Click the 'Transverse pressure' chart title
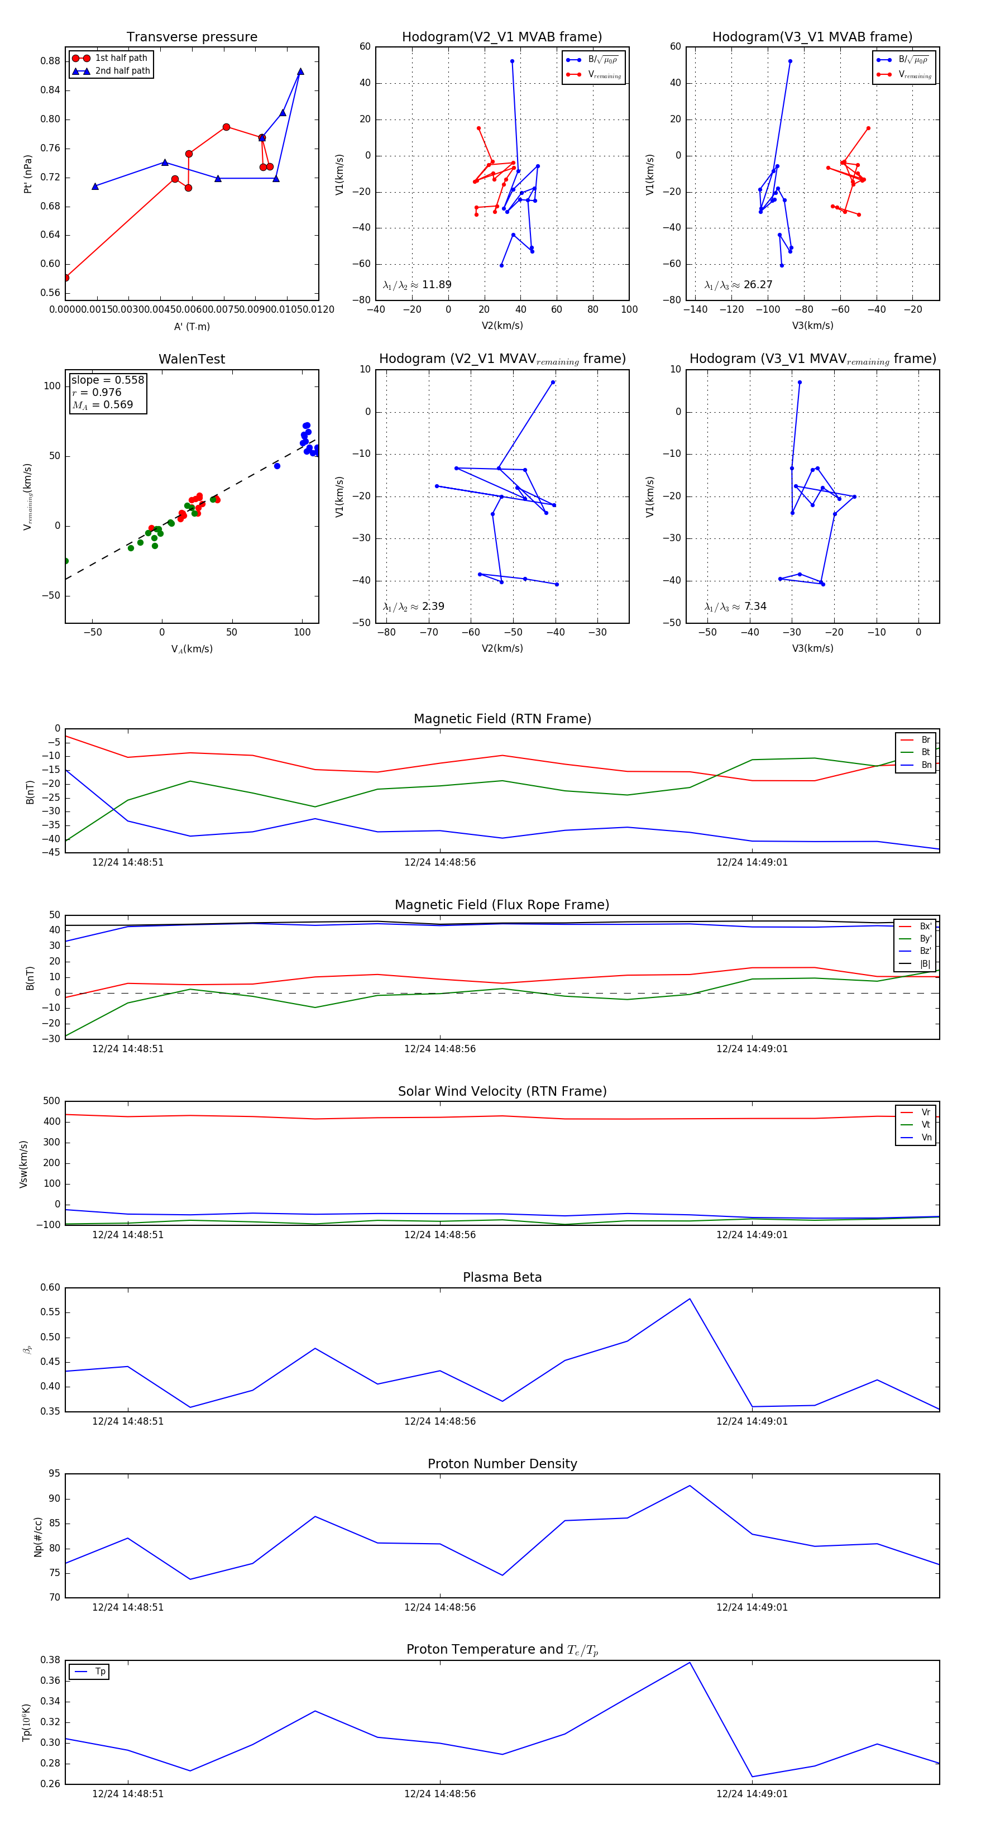[192, 37]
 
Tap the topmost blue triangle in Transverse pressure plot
[300, 71]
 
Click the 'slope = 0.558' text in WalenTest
[107, 380]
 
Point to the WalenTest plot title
[192, 359]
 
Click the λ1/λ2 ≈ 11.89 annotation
[417, 285]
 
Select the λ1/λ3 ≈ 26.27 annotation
[738, 285]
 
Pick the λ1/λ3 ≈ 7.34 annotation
[735, 607]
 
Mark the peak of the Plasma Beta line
[690, 1298]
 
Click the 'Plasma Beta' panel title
[502, 1278]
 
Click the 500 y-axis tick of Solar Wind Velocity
[51, 1101]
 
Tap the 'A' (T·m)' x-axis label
[192, 327]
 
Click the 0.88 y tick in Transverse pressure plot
[50, 61]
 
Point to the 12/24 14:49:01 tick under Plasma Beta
[752, 1421]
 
